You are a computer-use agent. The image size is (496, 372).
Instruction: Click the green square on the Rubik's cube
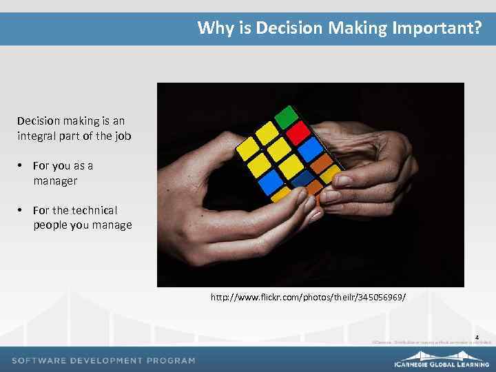tap(285, 116)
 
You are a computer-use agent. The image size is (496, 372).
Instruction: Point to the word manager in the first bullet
tap(55, 180)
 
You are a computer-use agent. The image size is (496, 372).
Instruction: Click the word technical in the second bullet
tap(94, 210)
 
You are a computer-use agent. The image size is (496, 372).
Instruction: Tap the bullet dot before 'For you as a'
tap(21, 166)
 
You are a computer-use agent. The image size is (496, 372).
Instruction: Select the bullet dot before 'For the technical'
tap(21, 210)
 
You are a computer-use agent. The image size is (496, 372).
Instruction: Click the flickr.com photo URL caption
tap(308, 298)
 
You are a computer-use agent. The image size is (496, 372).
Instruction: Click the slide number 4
tap(477, 337)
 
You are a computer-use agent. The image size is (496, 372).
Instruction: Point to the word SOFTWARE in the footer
tap(39, 360)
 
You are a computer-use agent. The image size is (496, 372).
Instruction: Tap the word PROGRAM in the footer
tap(170, 360)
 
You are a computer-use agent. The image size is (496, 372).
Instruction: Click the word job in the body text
tap(123, 136)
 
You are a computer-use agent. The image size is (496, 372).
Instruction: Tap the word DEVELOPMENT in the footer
tap(106, 360)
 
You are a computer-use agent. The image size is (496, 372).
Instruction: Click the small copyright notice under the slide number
tap(431, 342)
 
